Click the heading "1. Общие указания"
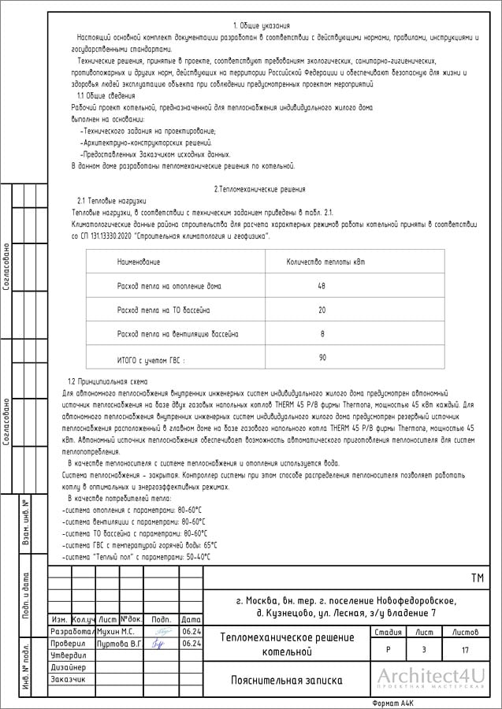point(262,27)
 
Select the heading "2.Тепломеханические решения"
point(259,190)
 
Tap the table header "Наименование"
point(139,261)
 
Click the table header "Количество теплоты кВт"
point(325,261)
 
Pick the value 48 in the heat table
point(322,286)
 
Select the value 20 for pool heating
point(322,310)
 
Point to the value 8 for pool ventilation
point(322,334)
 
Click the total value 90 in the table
point(322,358)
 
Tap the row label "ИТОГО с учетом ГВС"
point(151,361)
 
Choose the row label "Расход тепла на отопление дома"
point(169,286)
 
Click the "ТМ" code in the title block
point(477,579)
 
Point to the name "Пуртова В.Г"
point(118,644)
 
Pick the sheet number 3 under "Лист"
point(424,650)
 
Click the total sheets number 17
point(466,650)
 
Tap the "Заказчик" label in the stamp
point(68,679)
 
